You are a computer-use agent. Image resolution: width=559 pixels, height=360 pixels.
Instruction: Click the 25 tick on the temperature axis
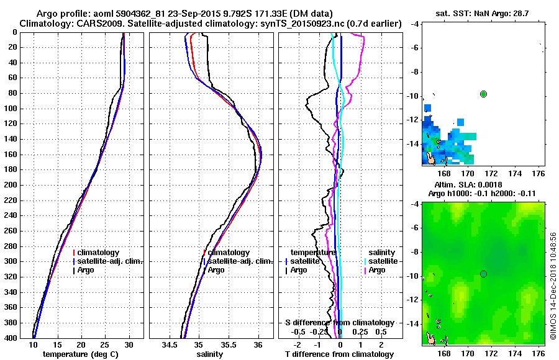pos(104,344)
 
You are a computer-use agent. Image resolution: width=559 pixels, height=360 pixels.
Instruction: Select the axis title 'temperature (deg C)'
pos(80,354)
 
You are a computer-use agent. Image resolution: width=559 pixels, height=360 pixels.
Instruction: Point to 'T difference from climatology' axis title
pos(340,354)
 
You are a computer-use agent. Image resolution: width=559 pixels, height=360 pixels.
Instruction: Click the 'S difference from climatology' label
pos(340,323)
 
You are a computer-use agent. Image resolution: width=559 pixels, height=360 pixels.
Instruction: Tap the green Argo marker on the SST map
pos(483,94)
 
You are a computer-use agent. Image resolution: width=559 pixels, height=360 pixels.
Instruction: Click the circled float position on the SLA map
pos(483,274)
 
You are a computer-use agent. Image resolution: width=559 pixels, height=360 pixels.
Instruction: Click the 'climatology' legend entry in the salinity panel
pos(228,253)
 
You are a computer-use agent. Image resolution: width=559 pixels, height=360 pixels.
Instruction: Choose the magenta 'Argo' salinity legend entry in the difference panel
pos(376,270)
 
